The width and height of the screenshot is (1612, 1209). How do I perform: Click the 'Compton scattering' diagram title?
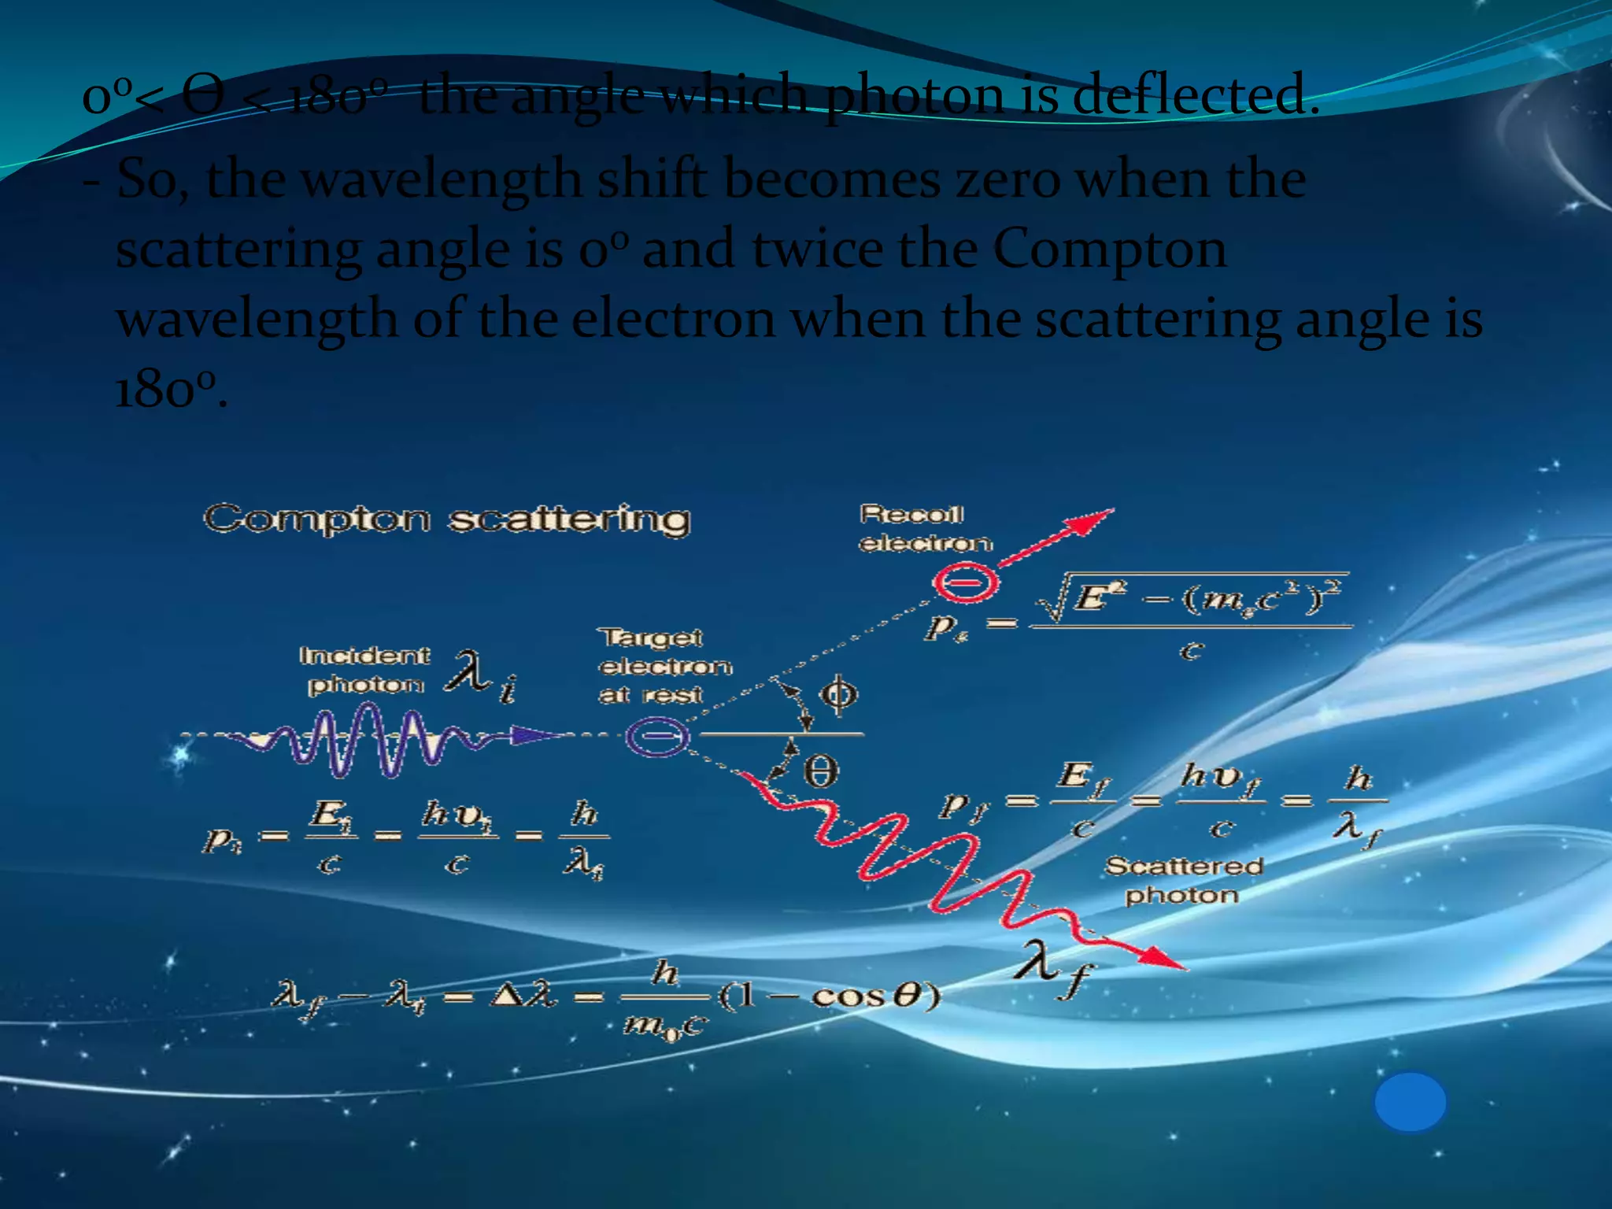(x=447, y=519)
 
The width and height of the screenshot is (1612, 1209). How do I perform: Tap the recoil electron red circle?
(x=966, y=583)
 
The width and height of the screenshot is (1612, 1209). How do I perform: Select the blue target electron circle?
(x=657, y=737)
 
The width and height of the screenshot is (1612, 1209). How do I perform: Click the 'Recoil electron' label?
(x=925, y=529)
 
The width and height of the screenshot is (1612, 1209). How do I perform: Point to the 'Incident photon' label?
(x=364, y=670)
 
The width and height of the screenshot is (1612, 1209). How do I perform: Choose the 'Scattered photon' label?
(x=1183, y=881)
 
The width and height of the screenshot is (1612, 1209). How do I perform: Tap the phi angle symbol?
(x=837, y=694)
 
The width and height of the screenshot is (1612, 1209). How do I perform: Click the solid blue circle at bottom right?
(x=1410, y=1102)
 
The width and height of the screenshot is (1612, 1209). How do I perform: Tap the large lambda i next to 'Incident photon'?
(x=480, y=675)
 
